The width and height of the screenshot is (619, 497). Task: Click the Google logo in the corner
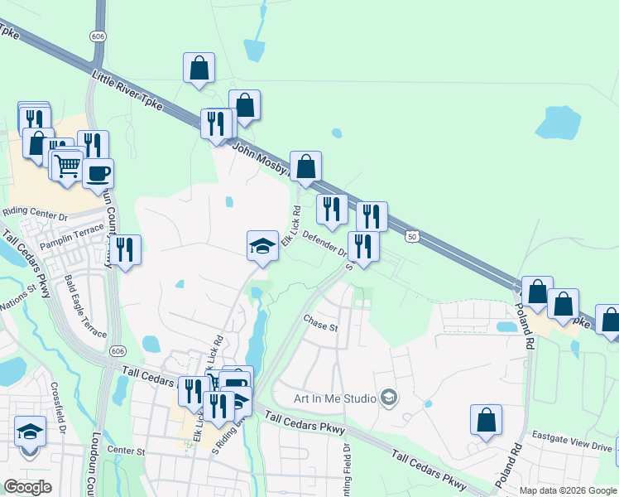27,487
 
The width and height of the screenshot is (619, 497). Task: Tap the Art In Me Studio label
335,398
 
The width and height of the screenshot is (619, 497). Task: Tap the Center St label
126,451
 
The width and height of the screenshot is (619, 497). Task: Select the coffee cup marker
98,174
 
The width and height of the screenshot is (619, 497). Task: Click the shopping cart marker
68,164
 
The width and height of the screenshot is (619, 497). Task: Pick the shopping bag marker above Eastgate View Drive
487,419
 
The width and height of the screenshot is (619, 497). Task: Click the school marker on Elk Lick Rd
262,245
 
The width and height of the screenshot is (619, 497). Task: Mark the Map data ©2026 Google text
568,490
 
